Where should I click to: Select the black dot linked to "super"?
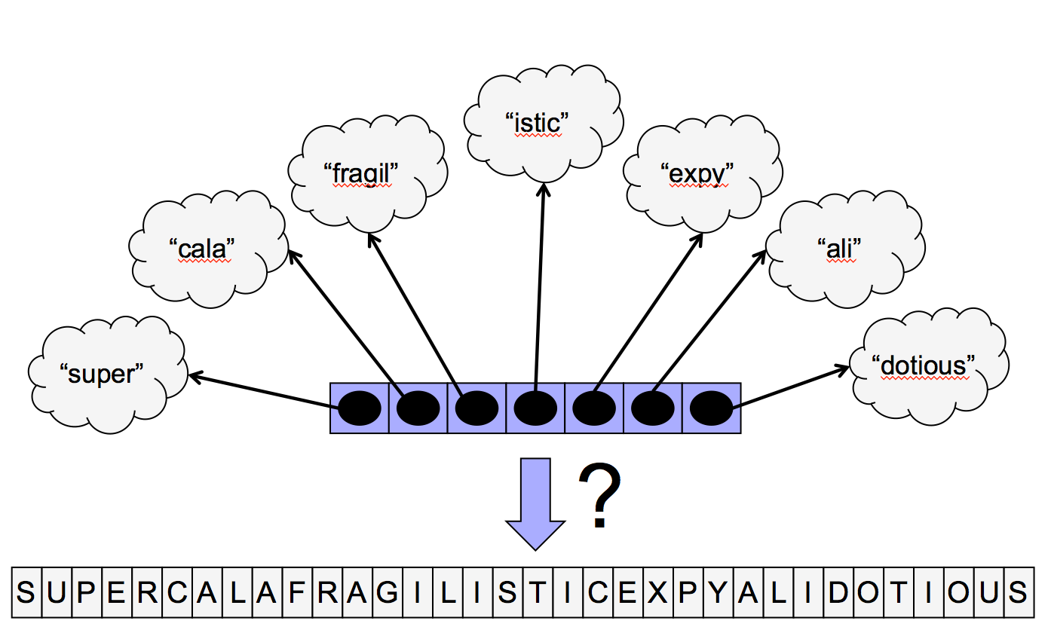coord(360,408)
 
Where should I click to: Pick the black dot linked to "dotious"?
coord(711,408)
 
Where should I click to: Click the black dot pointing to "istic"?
coord(535,408)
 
